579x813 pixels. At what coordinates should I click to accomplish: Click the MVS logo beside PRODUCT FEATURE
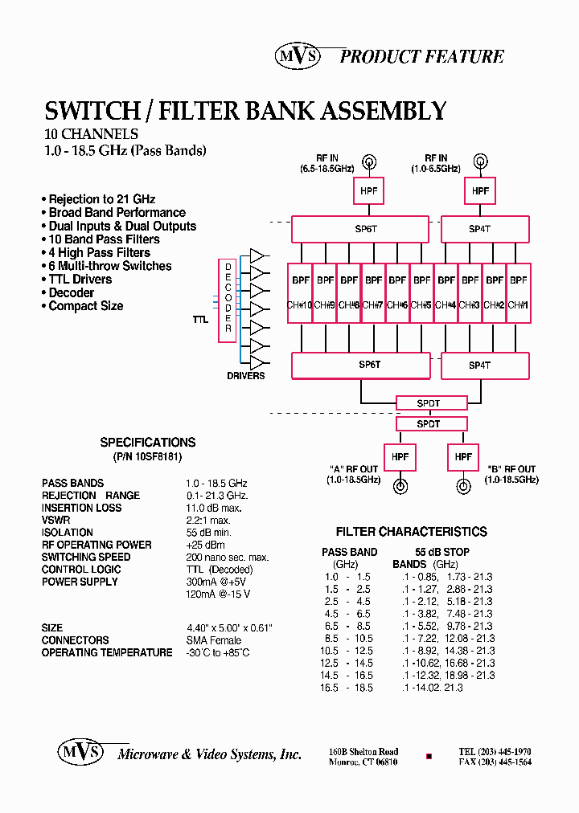click(298, 55)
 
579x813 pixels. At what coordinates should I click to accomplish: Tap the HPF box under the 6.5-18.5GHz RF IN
click(369, 190)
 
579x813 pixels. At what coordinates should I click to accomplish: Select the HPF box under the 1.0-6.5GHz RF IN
click(480, 190)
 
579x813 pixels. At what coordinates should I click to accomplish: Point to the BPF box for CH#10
click(300, 293)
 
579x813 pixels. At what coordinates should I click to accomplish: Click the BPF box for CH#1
click(519, 293)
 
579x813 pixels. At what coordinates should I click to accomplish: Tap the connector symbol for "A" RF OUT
click(400, 486)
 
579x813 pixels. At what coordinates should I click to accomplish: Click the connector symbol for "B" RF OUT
click(463, 486)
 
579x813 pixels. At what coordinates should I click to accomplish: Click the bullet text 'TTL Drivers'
click(80, 280)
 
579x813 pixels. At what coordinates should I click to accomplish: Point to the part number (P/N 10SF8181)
click(147, 456)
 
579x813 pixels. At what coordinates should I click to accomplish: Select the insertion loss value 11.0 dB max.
click(214, 508)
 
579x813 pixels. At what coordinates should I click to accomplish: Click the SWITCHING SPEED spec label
click(86, 557)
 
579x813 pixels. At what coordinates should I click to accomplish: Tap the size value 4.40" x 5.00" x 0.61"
click(229, 628)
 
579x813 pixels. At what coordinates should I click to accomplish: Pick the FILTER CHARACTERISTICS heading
click(411, 532)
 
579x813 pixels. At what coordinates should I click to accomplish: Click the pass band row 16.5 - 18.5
click(347, 688)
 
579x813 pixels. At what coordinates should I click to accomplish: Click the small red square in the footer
click(429, 757)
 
